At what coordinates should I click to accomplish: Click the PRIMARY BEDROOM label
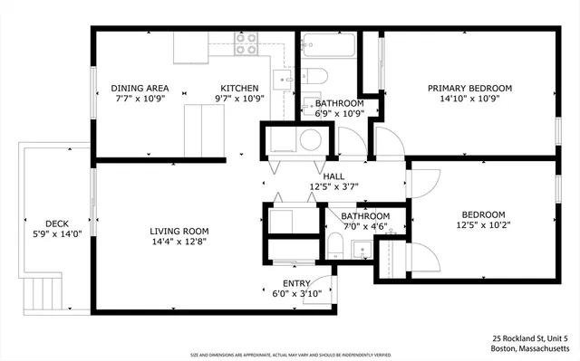(x=469, y=88)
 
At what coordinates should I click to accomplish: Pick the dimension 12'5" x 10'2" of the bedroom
(x=481, y=226)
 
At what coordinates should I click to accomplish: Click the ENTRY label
(x=296, y=283)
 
